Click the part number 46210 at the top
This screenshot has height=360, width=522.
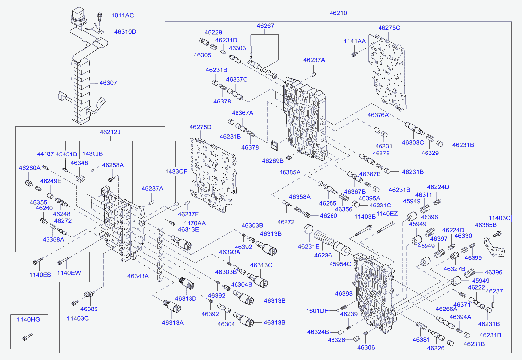338,13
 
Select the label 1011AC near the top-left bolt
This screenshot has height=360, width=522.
123,15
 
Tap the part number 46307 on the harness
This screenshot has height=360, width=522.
108,83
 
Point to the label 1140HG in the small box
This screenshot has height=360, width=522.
28,320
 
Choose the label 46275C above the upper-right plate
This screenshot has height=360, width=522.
389,28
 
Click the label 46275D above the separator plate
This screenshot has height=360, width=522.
200,127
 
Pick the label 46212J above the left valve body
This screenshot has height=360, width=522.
110,132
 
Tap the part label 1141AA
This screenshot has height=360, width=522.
355,41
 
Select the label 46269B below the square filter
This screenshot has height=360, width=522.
273,161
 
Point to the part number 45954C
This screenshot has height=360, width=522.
340,264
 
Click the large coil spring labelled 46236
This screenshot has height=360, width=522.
324,240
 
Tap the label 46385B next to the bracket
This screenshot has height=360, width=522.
486,225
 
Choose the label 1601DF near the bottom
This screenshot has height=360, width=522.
317,311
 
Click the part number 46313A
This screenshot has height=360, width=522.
173,323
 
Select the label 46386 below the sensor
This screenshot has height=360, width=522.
89,309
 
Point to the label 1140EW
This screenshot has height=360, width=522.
69,273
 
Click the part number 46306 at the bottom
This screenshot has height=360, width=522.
366,347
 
